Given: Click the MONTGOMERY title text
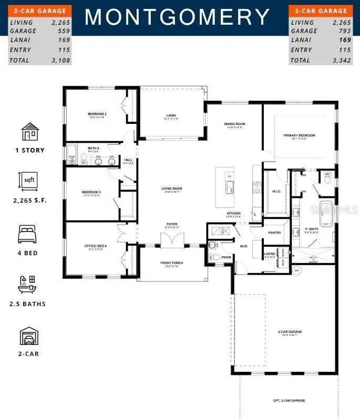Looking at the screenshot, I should [177, 17].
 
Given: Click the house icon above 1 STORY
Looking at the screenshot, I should [29, 132].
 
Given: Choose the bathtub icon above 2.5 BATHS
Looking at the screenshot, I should [29, 283].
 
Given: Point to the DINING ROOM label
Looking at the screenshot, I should [235, 124].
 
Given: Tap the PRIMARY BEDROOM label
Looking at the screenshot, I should [299, 135].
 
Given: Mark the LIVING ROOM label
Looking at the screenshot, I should [171, 188].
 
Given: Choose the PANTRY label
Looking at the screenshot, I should [274, 233].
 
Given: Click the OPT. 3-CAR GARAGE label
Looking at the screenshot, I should [289, 401].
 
